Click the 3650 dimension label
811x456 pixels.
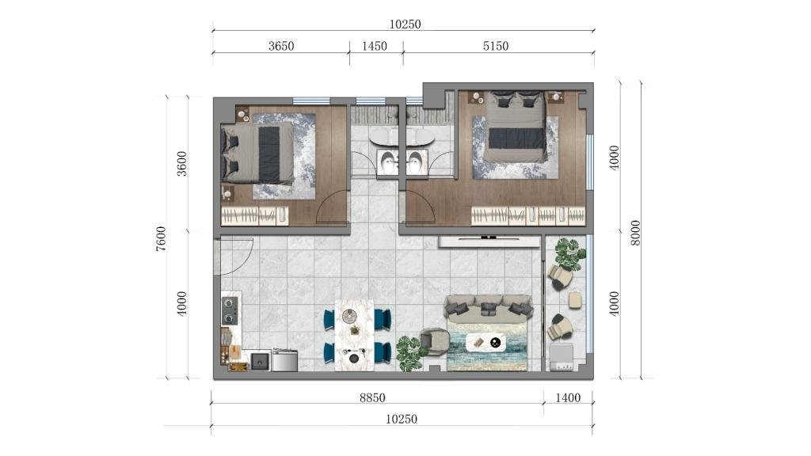pyautogui.click(x=281, y=46)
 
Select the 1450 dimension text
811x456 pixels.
pyautogui.click(x=374, y=46)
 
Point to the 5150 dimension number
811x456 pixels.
pyautogui.click(x=496, y=46)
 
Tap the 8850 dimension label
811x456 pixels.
pyautogui.click(x=372, y=397)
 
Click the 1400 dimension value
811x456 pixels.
pyautogui.click(x=568, y=397)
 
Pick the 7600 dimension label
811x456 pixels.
pyautogui.click(x=161, y=239)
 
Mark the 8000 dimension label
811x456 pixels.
pyautogui.click(x=635, y=233)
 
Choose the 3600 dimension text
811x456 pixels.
pyautogui.click(x=181, y=163)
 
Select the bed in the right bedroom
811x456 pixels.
pyautogui.click(x=515, y=126)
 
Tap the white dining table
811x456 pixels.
pyautogui.click(x=354, y=335)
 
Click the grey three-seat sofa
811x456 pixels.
pyautogui.click(x=488, y=306)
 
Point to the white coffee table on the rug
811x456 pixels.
pyautogui.click(x=485, y=342)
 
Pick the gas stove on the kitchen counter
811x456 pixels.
pyautogui.click(x=230, y=310)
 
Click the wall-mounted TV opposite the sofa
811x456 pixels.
pyautogui.click(x=489, y=241)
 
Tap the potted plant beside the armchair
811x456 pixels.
pyautogui.click(x=409, y=352)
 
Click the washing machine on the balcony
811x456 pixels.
pyautogui.click(x=562, y=357)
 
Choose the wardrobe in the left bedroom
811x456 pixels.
pyautogui.click(x=254, y=215)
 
